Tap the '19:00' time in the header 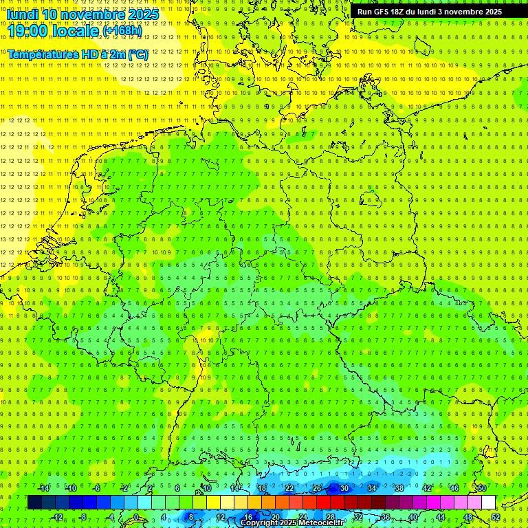click(x=26, y=30)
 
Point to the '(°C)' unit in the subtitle click(x=137, y=54)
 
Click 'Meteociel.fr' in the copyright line click(x=321, y=523)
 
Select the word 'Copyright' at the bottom click(x=260, y=523)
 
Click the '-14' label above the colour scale click(x=44, y=488)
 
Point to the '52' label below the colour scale click(x=496, y=517)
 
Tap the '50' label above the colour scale click(x=482, y=488)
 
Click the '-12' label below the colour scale click(x=58, y=517)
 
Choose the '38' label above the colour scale click(x=399, y=488)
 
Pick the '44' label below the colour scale click(x=441, y=517)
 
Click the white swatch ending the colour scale click(x=489, y=503)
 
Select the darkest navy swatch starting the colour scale click(x=34, y=503)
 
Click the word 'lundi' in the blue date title click(x=22, y=14)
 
